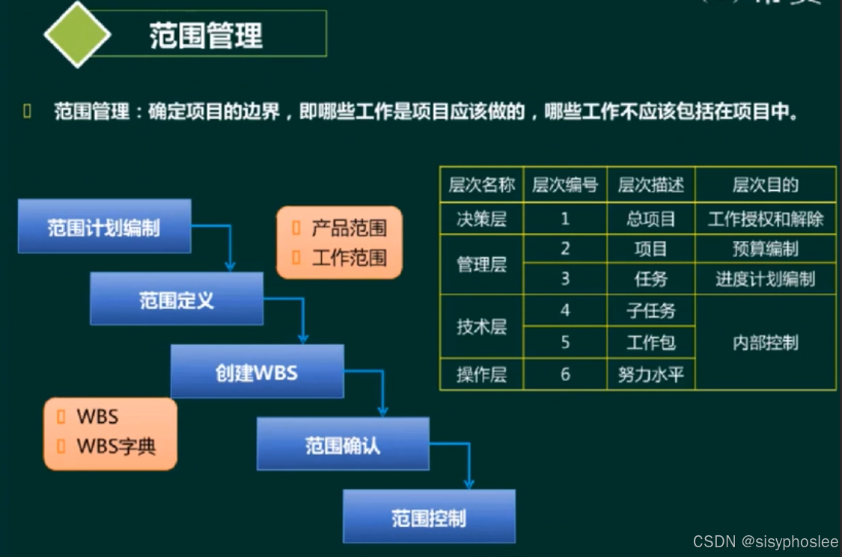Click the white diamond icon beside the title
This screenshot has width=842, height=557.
[x=78, y=34]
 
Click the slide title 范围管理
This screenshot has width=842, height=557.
[x=206, y=35]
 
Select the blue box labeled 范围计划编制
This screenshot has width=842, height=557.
[x=104, y=226]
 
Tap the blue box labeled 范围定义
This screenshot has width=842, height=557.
[x=177, y=299]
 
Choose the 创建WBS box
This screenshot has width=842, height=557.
[x=257, y=371]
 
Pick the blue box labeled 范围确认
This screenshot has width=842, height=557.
[x=343, y=444]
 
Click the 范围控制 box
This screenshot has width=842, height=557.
[x=429, y=517]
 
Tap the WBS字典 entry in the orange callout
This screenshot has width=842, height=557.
[x=116, y=447]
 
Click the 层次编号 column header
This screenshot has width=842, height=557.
[x=565, y=185]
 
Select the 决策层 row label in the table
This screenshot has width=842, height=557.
[x=481, y=219]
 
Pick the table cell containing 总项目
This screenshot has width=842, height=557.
[x=650, y=219]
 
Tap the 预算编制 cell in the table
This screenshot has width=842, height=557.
[x=765, y=249]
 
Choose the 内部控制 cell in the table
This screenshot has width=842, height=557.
[x=765, y=342]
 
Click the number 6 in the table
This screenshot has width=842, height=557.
[x=565, y=374]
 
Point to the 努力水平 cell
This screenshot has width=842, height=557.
[x=650, y=374]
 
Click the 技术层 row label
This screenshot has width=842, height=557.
[x=481, y=326]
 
